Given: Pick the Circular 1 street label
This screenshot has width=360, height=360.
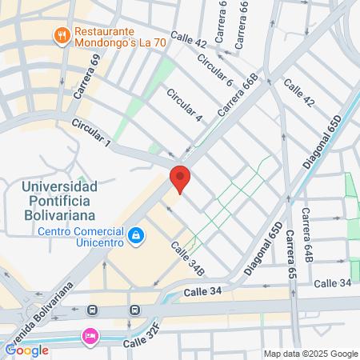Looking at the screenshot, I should pos(90,132).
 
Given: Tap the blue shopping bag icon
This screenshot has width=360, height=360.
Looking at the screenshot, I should pos(138,235).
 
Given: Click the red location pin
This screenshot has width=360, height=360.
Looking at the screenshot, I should pos(180,177).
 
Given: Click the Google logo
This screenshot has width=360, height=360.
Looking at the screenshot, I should pos(26,350).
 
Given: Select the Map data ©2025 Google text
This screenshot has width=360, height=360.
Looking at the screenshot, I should pos(310,354).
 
